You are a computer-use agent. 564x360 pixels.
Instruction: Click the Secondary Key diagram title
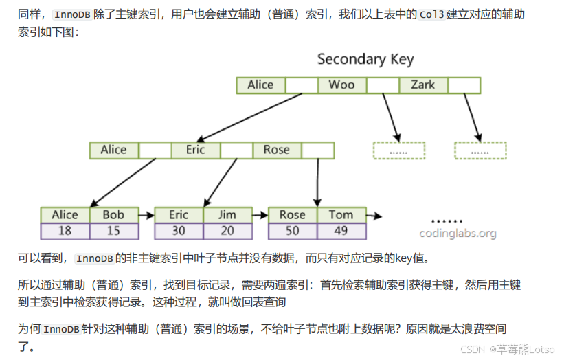coord(365,59)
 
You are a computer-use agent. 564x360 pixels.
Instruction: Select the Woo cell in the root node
coord(341,85)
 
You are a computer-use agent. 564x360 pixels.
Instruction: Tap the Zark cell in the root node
coord(422,85)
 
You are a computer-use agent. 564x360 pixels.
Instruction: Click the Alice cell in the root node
coord(260,85)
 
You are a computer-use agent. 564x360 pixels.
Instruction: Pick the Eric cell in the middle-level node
coord(195,150)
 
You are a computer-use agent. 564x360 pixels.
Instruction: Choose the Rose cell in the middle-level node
coord(276,150)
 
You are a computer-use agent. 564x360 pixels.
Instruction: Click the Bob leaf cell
coord(113,215)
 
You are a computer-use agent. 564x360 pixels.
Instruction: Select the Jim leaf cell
coord(227,215)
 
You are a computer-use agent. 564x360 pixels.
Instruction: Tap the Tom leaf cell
coord(341,215)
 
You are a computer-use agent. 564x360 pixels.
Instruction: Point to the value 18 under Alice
coord(65,231)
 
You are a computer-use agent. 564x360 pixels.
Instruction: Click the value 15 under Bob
coord(113,231)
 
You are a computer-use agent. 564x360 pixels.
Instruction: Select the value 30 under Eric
coord(179,231)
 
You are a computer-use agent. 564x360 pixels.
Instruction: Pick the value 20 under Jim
coord(227,231)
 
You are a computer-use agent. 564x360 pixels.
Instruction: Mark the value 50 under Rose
coord(292,231)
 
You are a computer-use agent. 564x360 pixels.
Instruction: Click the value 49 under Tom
coord(341,231)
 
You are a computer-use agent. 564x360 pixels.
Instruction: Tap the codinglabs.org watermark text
coord(458,234)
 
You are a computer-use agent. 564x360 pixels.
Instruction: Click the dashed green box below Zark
coord(480,150)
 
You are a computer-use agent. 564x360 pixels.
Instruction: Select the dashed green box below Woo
coord(399,150)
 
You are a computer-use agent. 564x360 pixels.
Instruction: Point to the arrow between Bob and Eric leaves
coord(146,216)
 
